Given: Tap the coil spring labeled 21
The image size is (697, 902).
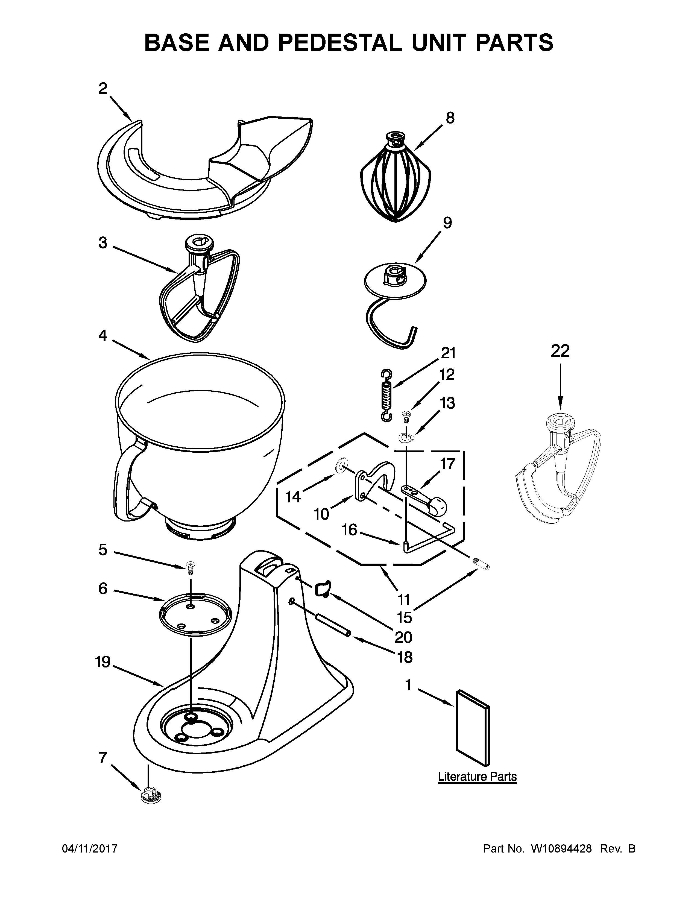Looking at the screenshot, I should click(x=386, y=395).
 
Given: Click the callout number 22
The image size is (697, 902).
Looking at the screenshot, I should click(x=560, y=351).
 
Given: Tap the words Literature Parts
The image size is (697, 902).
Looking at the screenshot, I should click(x=477, y=777).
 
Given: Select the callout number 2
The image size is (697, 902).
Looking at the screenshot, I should click(x=103, y=88).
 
